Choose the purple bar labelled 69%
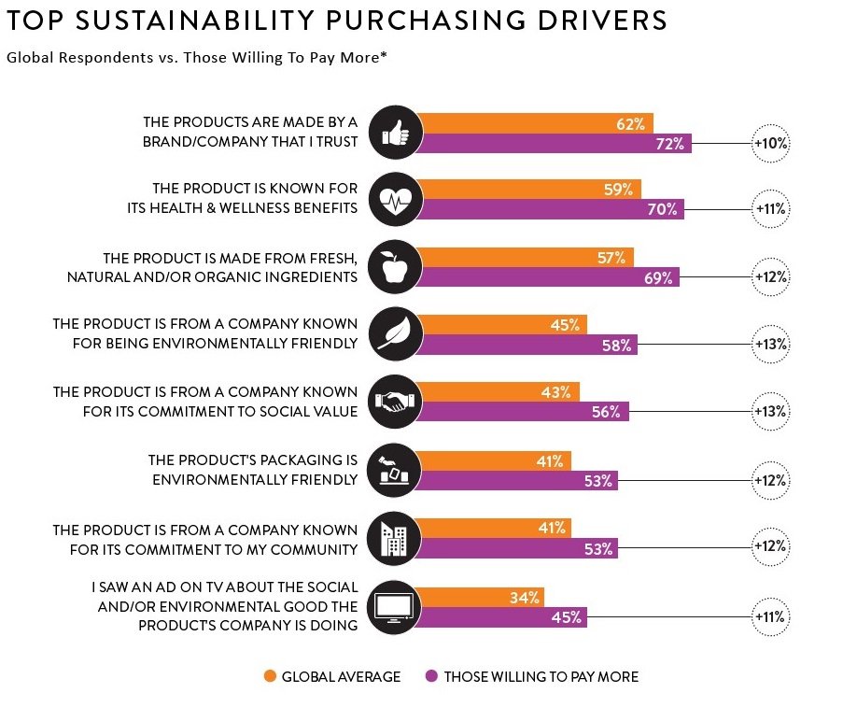point(547,277)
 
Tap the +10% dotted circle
point(771,144)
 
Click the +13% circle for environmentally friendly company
point(771,345)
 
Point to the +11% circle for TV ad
point(771,616)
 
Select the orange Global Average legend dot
point(270,676)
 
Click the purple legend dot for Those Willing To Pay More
point(431,676)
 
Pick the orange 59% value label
point(618,190)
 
